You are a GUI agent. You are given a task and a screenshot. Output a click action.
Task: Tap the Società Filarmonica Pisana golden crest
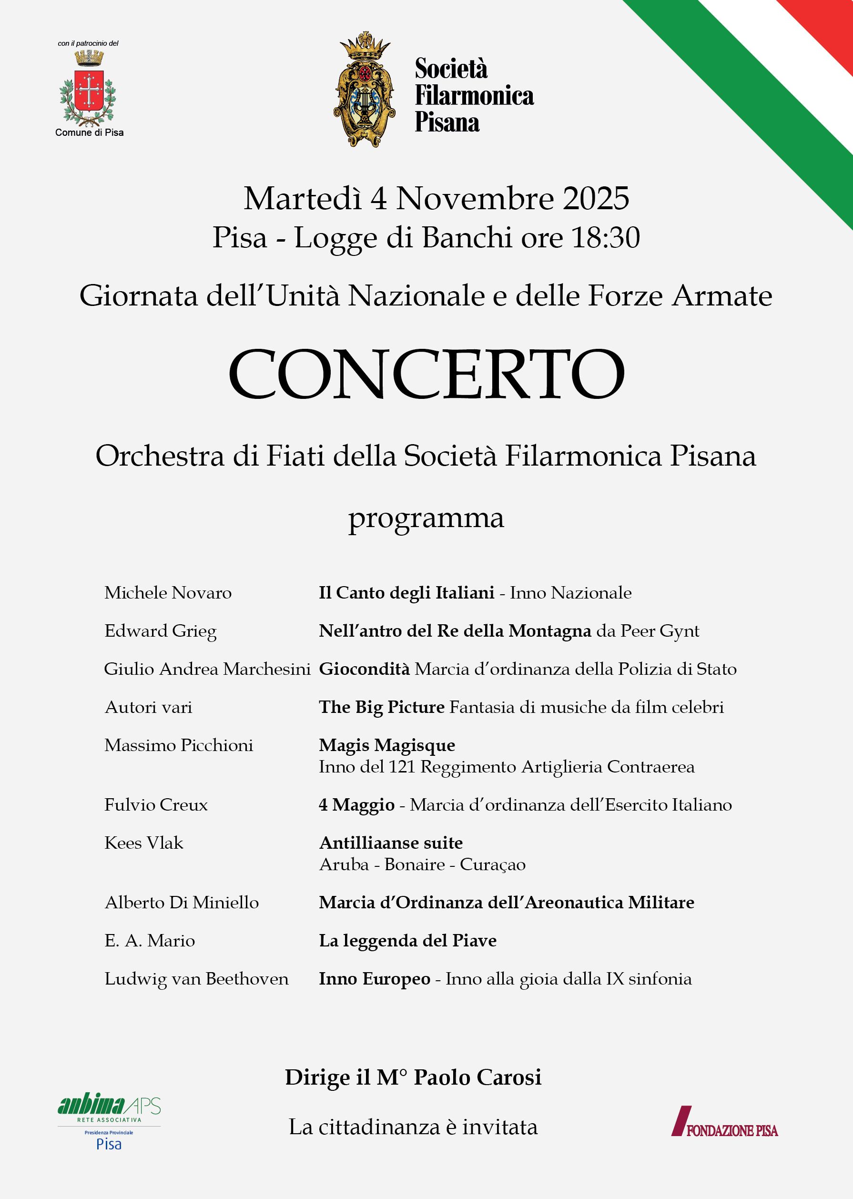(364, 90)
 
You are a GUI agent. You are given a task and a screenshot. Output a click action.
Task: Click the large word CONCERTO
(426, 374)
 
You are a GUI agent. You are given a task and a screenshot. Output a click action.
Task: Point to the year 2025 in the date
(596, 199)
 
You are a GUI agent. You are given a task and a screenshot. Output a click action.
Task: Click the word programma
(426, 518)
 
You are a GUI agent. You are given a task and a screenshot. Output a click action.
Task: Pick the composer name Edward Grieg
(160, 631)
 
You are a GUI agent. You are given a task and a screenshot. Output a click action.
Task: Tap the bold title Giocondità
(364, 669)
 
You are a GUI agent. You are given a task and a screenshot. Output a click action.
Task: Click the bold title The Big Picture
(381, 707)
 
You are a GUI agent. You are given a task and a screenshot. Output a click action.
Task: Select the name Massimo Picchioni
(179, 745)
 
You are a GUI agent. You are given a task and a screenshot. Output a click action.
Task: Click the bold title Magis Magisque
(386, 745)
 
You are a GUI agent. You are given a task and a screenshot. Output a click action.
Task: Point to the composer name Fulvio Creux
(156, 804)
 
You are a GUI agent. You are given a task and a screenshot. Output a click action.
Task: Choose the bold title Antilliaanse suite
(391, 843)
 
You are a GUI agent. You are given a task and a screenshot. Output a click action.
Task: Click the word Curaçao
(492, 864)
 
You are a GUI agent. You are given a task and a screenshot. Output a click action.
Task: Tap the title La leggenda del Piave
(407, 941)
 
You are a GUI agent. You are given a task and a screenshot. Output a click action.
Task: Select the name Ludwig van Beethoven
(196, 979)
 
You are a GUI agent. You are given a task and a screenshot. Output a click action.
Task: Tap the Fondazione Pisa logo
(724, 1122)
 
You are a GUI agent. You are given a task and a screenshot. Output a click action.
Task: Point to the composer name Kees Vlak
(144, 843)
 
